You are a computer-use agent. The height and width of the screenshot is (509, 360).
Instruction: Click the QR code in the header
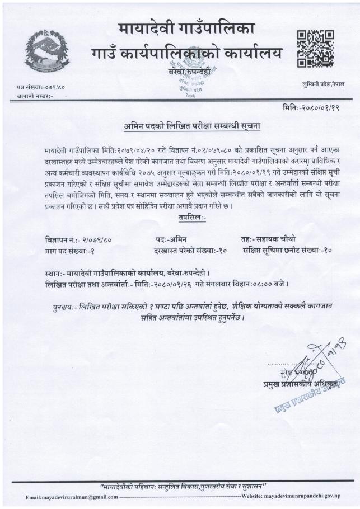(315, 49)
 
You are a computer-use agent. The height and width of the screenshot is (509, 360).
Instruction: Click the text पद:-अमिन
(174, 239)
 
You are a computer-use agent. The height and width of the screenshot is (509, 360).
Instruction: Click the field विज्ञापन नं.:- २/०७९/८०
(78, 239)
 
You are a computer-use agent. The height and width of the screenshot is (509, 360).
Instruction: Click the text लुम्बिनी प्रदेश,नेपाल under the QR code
(324, 83)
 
